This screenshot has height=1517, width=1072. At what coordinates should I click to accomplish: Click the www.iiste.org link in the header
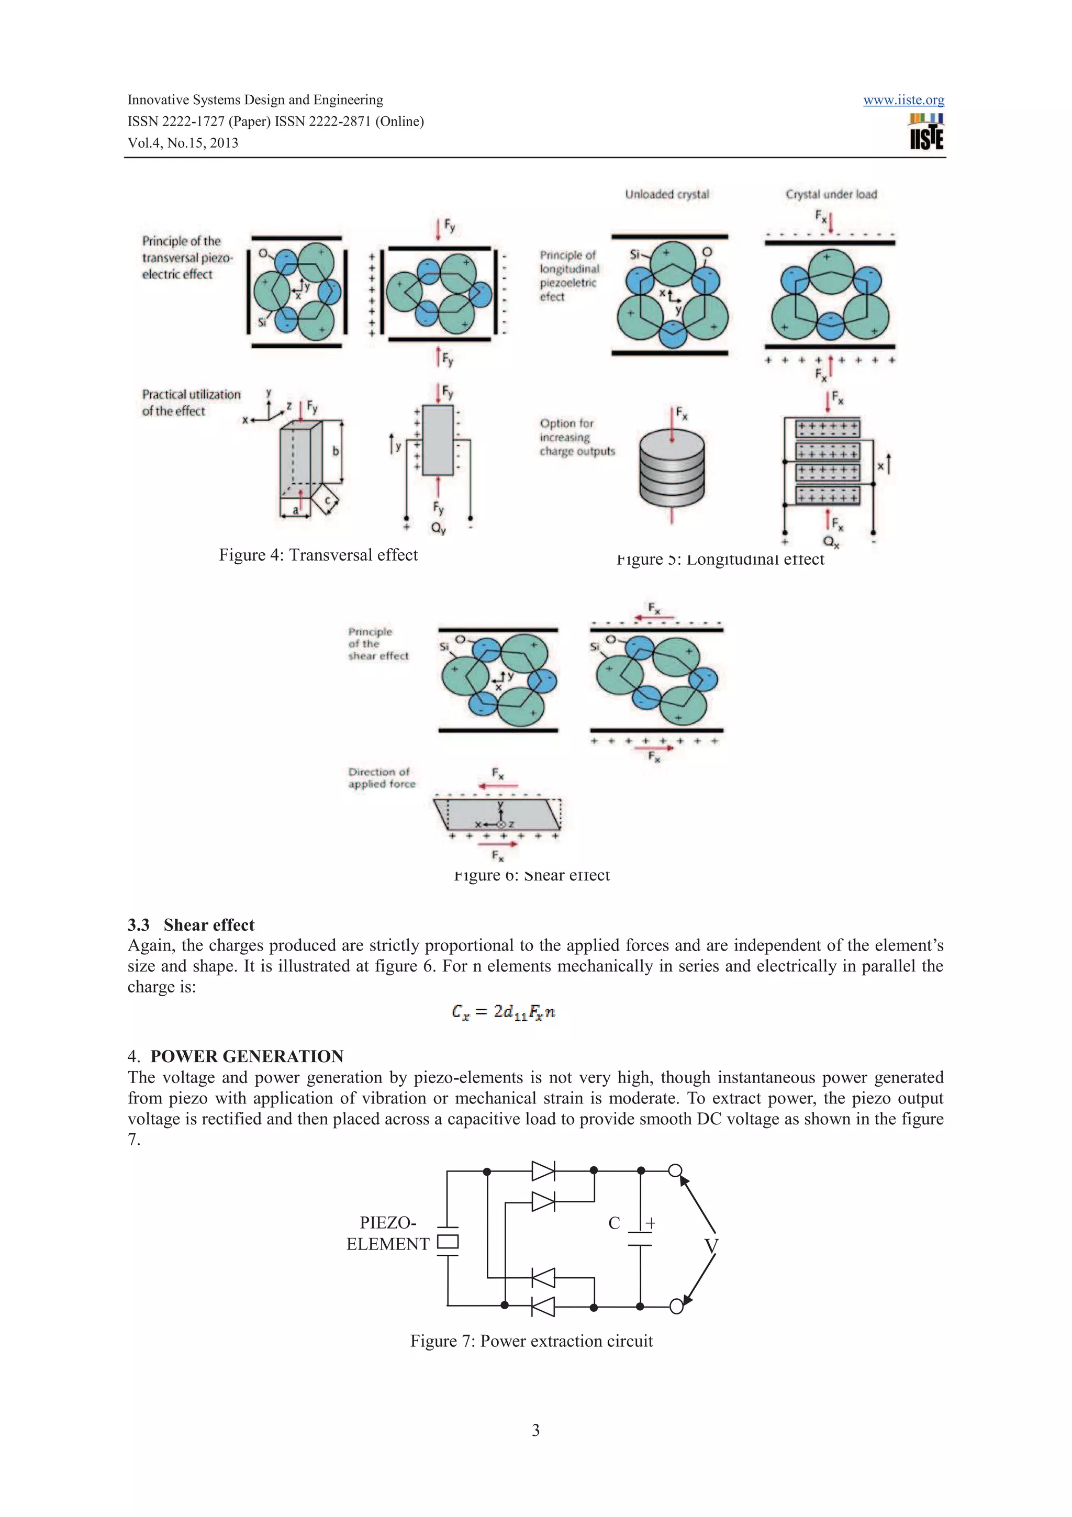pos(903,100)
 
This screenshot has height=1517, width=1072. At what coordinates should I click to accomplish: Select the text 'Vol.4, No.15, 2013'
pos(183,143)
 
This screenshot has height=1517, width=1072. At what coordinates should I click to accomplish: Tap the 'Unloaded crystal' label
pos(666,194)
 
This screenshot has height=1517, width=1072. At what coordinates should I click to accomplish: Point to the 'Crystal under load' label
pos(831,194)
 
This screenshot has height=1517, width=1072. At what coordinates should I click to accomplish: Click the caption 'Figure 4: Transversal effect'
pos(318,555)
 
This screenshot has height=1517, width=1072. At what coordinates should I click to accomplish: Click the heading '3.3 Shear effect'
pos(191,924)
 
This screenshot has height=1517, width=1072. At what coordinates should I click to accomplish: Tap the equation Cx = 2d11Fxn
pos(504,1011)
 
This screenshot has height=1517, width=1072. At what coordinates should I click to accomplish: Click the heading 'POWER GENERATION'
pos(247,1056)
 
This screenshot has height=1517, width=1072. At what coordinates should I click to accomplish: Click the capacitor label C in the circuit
pos(613,1223)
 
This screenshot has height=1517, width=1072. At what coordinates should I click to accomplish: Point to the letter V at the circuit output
pos(711,1245)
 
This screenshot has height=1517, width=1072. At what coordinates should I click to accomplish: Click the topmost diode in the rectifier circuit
pos(543,1171)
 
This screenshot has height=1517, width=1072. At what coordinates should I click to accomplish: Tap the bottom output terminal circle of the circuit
pos(676,1306)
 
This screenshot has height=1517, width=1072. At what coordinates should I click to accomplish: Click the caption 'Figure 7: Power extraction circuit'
pos(531,1341)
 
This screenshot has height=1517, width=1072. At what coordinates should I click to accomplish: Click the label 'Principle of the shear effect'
pos(378,643)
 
